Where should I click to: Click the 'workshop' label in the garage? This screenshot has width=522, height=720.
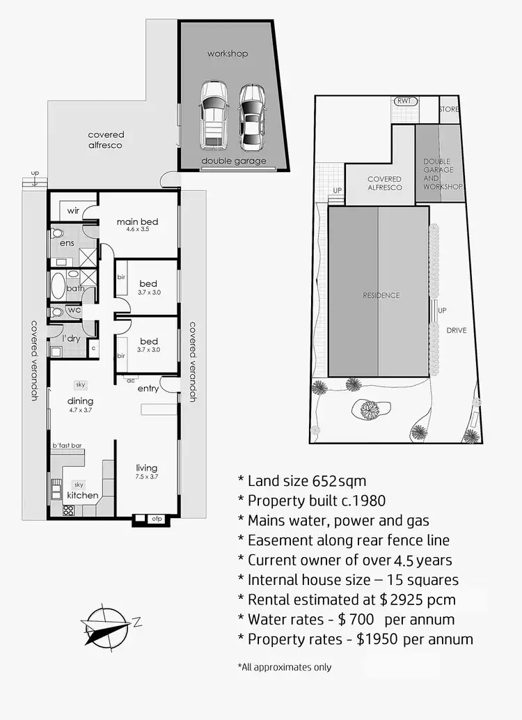click(x=227, y=54)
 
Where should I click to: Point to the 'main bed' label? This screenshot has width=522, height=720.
click(x=137, y=221)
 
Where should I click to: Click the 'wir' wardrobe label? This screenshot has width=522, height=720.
click(x=73, y=210)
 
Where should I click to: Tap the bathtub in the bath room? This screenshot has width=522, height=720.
click(x=57, y=286)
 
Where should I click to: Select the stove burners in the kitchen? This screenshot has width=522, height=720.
click(x=68, y=510)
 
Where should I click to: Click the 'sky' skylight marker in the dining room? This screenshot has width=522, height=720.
click(x=80, y=384)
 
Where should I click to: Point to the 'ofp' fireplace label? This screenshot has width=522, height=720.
click(x=157, y=518)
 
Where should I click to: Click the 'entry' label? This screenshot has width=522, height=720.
click(x=148, y=388)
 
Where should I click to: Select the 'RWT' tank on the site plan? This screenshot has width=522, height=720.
click(x=404, y=101)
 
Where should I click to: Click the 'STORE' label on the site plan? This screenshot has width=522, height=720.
click(x=448, y=109)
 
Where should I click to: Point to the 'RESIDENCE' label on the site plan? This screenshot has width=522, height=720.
click(x=381, y=295)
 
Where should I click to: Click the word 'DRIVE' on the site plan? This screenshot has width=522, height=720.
click(x=456, y=330)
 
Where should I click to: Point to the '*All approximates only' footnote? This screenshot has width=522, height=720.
click(x=285, y=667)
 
